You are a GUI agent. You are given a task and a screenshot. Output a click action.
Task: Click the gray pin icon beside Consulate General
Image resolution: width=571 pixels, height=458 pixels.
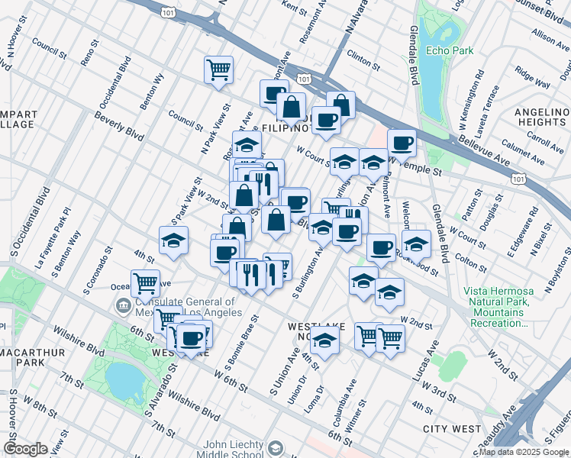pos(123,307)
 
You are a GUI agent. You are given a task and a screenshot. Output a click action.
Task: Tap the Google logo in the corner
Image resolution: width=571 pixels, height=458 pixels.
pos(25,449)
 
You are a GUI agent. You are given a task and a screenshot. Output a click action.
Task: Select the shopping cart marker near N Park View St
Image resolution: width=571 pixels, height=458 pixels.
pos(218,69)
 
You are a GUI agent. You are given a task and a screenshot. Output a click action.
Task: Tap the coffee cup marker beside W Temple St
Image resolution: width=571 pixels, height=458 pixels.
pos(402,143)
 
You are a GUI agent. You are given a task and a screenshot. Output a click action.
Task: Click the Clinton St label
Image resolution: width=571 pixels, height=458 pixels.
pos(363,55)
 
